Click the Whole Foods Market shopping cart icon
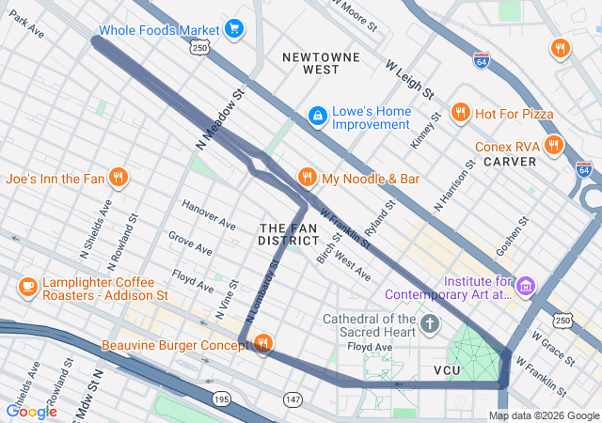[233, 29]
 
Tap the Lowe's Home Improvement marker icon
[318, 115]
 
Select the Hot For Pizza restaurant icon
[460, 114]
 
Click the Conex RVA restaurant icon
[552, 146]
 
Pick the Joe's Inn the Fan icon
[118, 177]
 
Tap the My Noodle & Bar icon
[306, 177]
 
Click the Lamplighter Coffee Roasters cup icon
[27, 285]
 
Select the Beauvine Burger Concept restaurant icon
[262, 344]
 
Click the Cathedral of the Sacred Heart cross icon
[430, 325]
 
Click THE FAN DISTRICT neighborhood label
[283, 234]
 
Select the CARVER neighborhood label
[510, 162]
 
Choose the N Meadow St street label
[220, 118]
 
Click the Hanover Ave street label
[209, 215]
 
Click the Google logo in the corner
[31, 411]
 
